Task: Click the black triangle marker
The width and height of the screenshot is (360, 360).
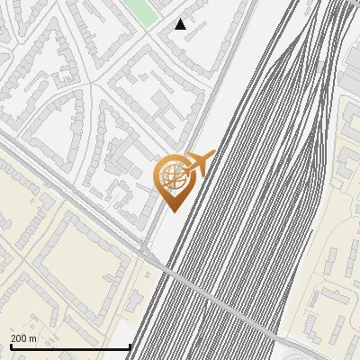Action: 181,24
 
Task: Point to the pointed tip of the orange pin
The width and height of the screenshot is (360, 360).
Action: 172,211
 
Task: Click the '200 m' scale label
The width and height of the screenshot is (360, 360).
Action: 23,338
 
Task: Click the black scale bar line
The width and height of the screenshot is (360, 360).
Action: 70,346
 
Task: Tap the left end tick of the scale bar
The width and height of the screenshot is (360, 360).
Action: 10,345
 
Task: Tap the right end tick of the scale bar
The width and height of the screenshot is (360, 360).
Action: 130,345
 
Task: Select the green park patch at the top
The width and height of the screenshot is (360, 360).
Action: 139,11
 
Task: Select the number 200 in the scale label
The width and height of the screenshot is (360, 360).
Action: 19,338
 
